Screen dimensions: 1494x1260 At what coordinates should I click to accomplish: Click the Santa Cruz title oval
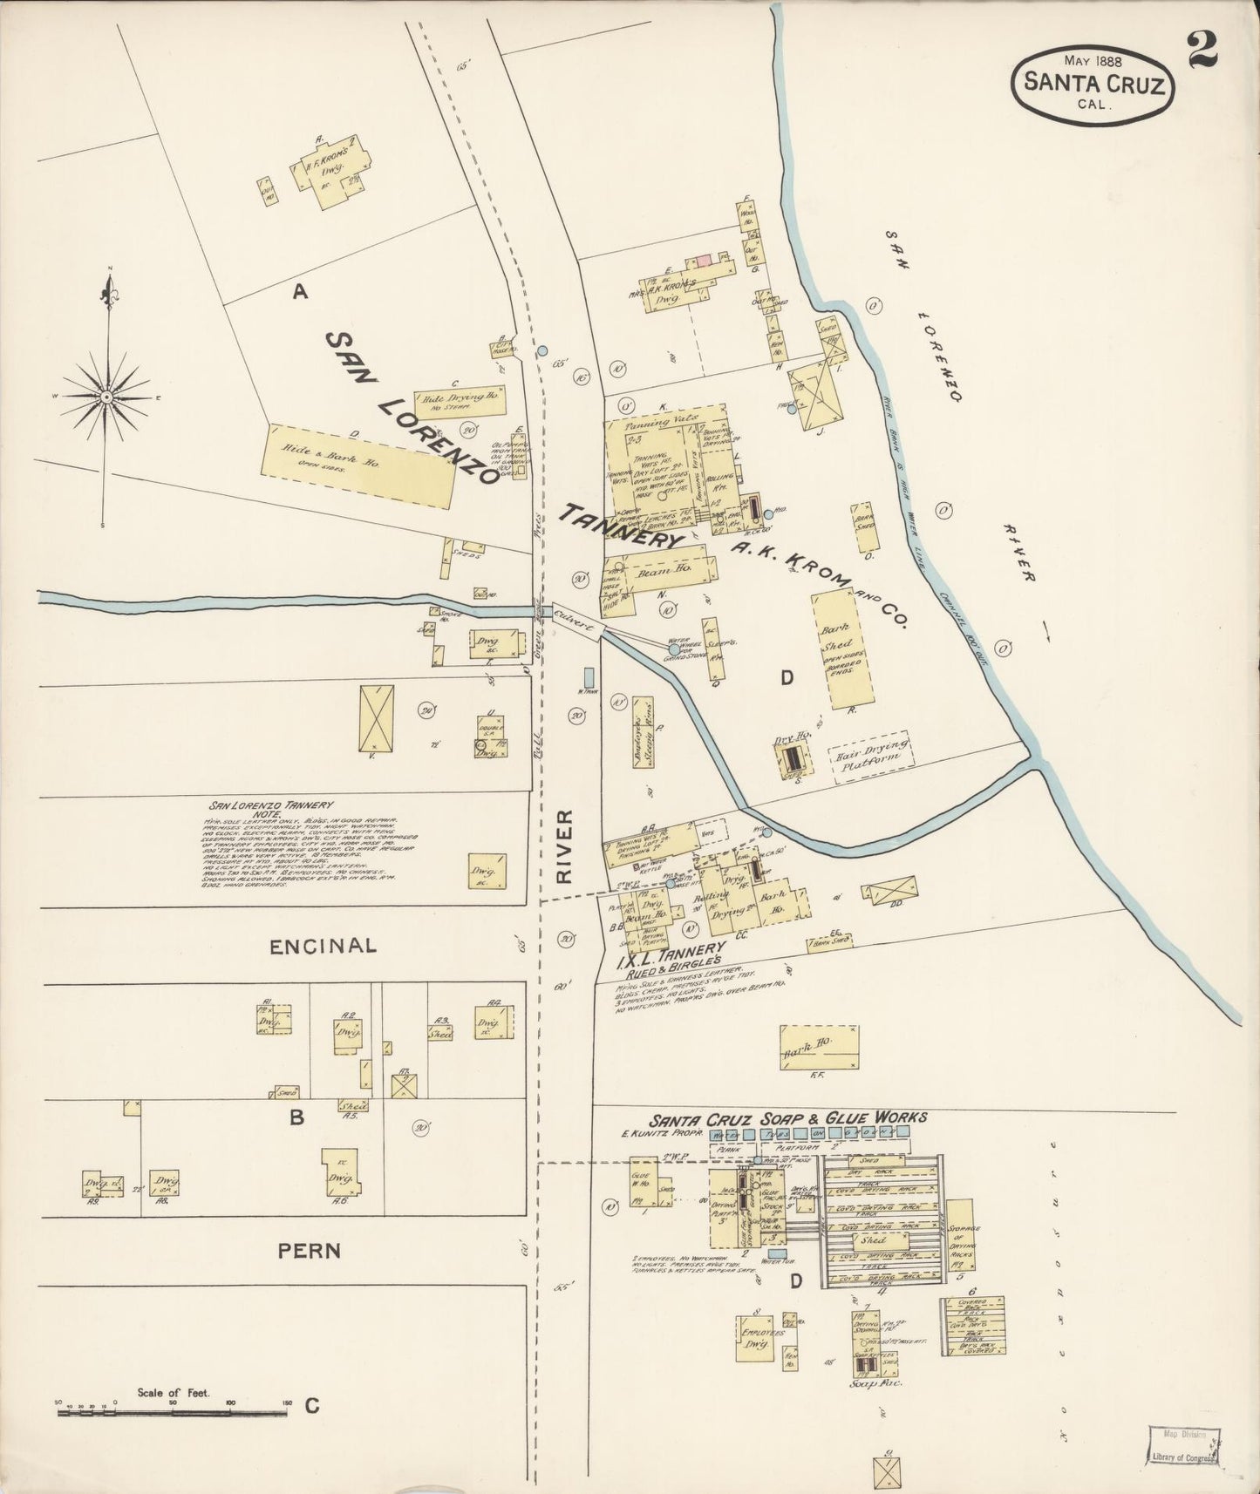click(x=1092, y=83)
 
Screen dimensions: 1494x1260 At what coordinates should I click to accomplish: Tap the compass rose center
click(x=106, y=397)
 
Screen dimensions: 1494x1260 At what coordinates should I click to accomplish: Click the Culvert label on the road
click(x=573, y=621)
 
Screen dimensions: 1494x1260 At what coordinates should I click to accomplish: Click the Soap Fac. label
click(x=868, y=1382)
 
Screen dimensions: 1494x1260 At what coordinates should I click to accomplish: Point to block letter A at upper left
click(x=300, y=294)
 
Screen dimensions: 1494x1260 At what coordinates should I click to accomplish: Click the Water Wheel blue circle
click(x=674, y=649)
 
